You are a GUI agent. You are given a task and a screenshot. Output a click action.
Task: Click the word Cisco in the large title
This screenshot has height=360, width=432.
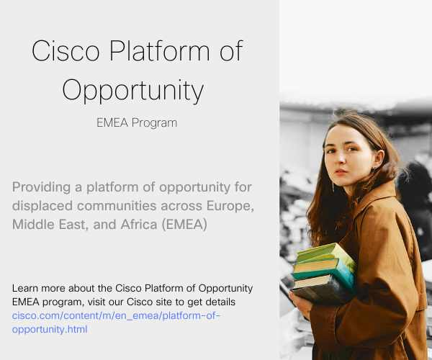point(66,50)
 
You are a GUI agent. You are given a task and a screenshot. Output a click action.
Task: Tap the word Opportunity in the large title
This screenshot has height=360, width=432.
point(133,91)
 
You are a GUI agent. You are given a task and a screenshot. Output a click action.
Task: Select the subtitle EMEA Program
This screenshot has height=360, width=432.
point(137,123)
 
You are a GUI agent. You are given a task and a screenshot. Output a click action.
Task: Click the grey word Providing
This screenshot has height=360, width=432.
point(41,188)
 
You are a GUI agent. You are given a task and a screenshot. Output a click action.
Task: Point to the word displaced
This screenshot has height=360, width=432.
point(42,206)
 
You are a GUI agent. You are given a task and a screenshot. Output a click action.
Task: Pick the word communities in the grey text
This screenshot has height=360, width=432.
point(117,206)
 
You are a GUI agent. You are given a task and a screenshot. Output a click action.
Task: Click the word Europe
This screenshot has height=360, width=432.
point(230,206)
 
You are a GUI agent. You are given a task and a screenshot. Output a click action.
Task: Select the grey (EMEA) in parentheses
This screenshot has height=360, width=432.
point(184,225)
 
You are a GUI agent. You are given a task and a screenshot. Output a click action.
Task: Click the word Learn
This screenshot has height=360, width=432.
point(24,289)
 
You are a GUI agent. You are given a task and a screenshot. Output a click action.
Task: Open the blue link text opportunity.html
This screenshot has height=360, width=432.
point(50,330)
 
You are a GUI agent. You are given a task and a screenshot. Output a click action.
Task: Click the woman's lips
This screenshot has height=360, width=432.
point(341,172)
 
